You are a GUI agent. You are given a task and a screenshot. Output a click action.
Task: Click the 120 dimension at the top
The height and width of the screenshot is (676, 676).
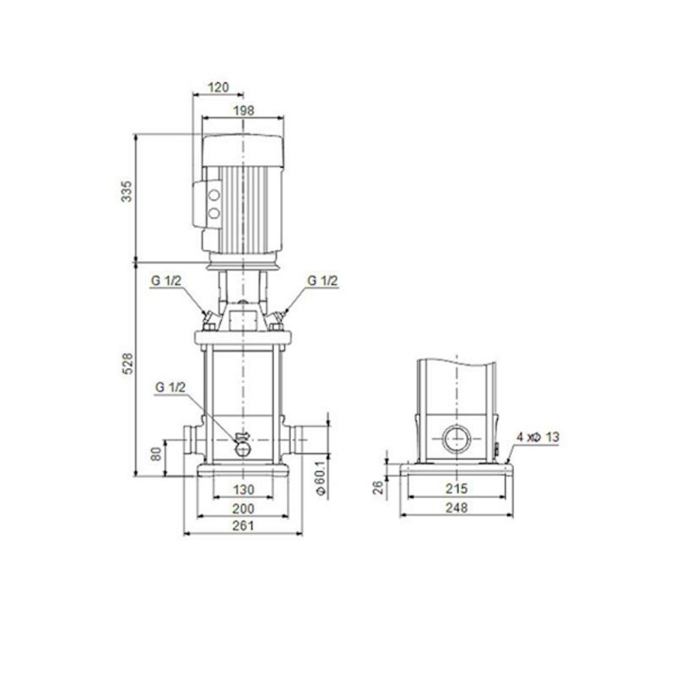point(218,87)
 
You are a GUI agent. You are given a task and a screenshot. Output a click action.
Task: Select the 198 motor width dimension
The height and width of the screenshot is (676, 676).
point(244,110)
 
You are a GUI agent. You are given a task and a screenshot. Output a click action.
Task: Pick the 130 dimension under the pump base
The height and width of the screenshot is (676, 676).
point(243,490)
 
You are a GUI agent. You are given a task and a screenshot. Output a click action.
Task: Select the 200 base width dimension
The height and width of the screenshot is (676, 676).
point(243,509)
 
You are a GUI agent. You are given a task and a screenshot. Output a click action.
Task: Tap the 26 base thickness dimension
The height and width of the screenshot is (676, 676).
point(379,488)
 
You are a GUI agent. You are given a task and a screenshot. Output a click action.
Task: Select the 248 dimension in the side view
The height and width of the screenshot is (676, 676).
point(457,509)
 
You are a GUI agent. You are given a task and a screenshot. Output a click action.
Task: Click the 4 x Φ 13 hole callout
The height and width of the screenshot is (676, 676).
point(538,436)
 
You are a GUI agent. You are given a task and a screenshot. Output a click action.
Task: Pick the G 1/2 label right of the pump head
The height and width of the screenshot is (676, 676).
point(323,280)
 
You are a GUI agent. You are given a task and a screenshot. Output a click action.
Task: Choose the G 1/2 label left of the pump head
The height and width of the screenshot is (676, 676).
point(164,280)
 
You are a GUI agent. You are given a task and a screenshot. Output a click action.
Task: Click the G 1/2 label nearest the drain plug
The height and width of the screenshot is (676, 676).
point(170,388)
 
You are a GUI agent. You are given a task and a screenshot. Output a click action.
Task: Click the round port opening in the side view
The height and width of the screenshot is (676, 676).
point(457,438)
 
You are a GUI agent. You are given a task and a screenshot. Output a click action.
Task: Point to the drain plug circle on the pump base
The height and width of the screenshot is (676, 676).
point(244,448)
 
